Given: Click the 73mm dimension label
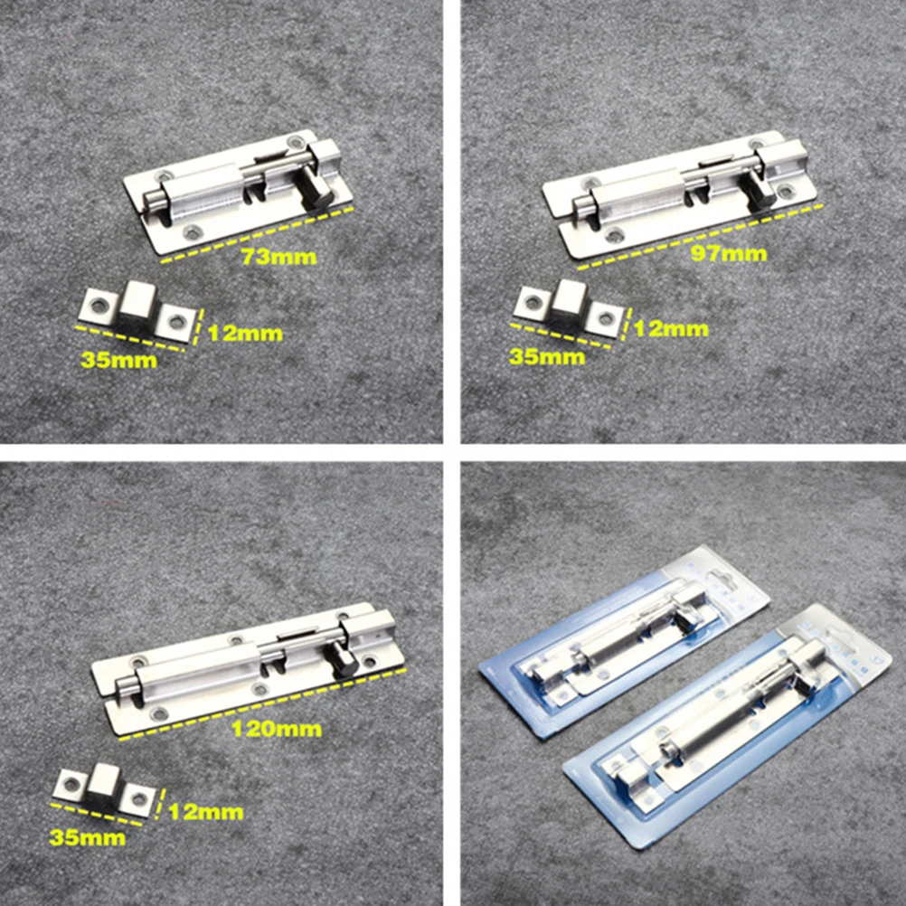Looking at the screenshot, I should [x=278, y=257].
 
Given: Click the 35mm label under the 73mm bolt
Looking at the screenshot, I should [x=117, y=360].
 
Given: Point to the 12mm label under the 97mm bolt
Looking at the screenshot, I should [x=671, y=328].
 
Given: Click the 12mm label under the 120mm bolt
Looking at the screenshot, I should [x=205, y=812].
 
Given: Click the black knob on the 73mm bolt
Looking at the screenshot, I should [x=316, y=191].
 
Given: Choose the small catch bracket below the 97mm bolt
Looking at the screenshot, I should [x=568, y=307].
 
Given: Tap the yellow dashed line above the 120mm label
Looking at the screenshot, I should [x=262, y=703].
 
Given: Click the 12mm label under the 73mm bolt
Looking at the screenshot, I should [x=245, y=334].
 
